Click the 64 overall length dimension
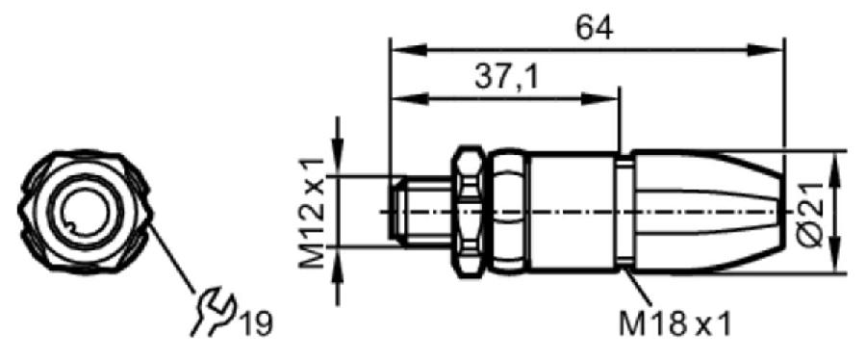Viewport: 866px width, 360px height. pyautogui.click(x=594, y=29)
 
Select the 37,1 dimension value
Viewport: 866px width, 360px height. pyautogui.click(x=506, y=78)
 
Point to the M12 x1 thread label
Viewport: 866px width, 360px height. pyautogui.click(x=312, y=213)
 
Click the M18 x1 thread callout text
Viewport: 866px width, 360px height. pyautogui.click(x=675, y=324)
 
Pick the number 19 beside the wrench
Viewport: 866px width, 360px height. pyautogui.click(x=255, y=324)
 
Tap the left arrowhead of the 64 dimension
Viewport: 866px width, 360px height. pyautogui.click(x=409, y=50)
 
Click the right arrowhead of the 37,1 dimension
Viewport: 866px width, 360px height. pyautogui.click(x=599, y=99)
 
